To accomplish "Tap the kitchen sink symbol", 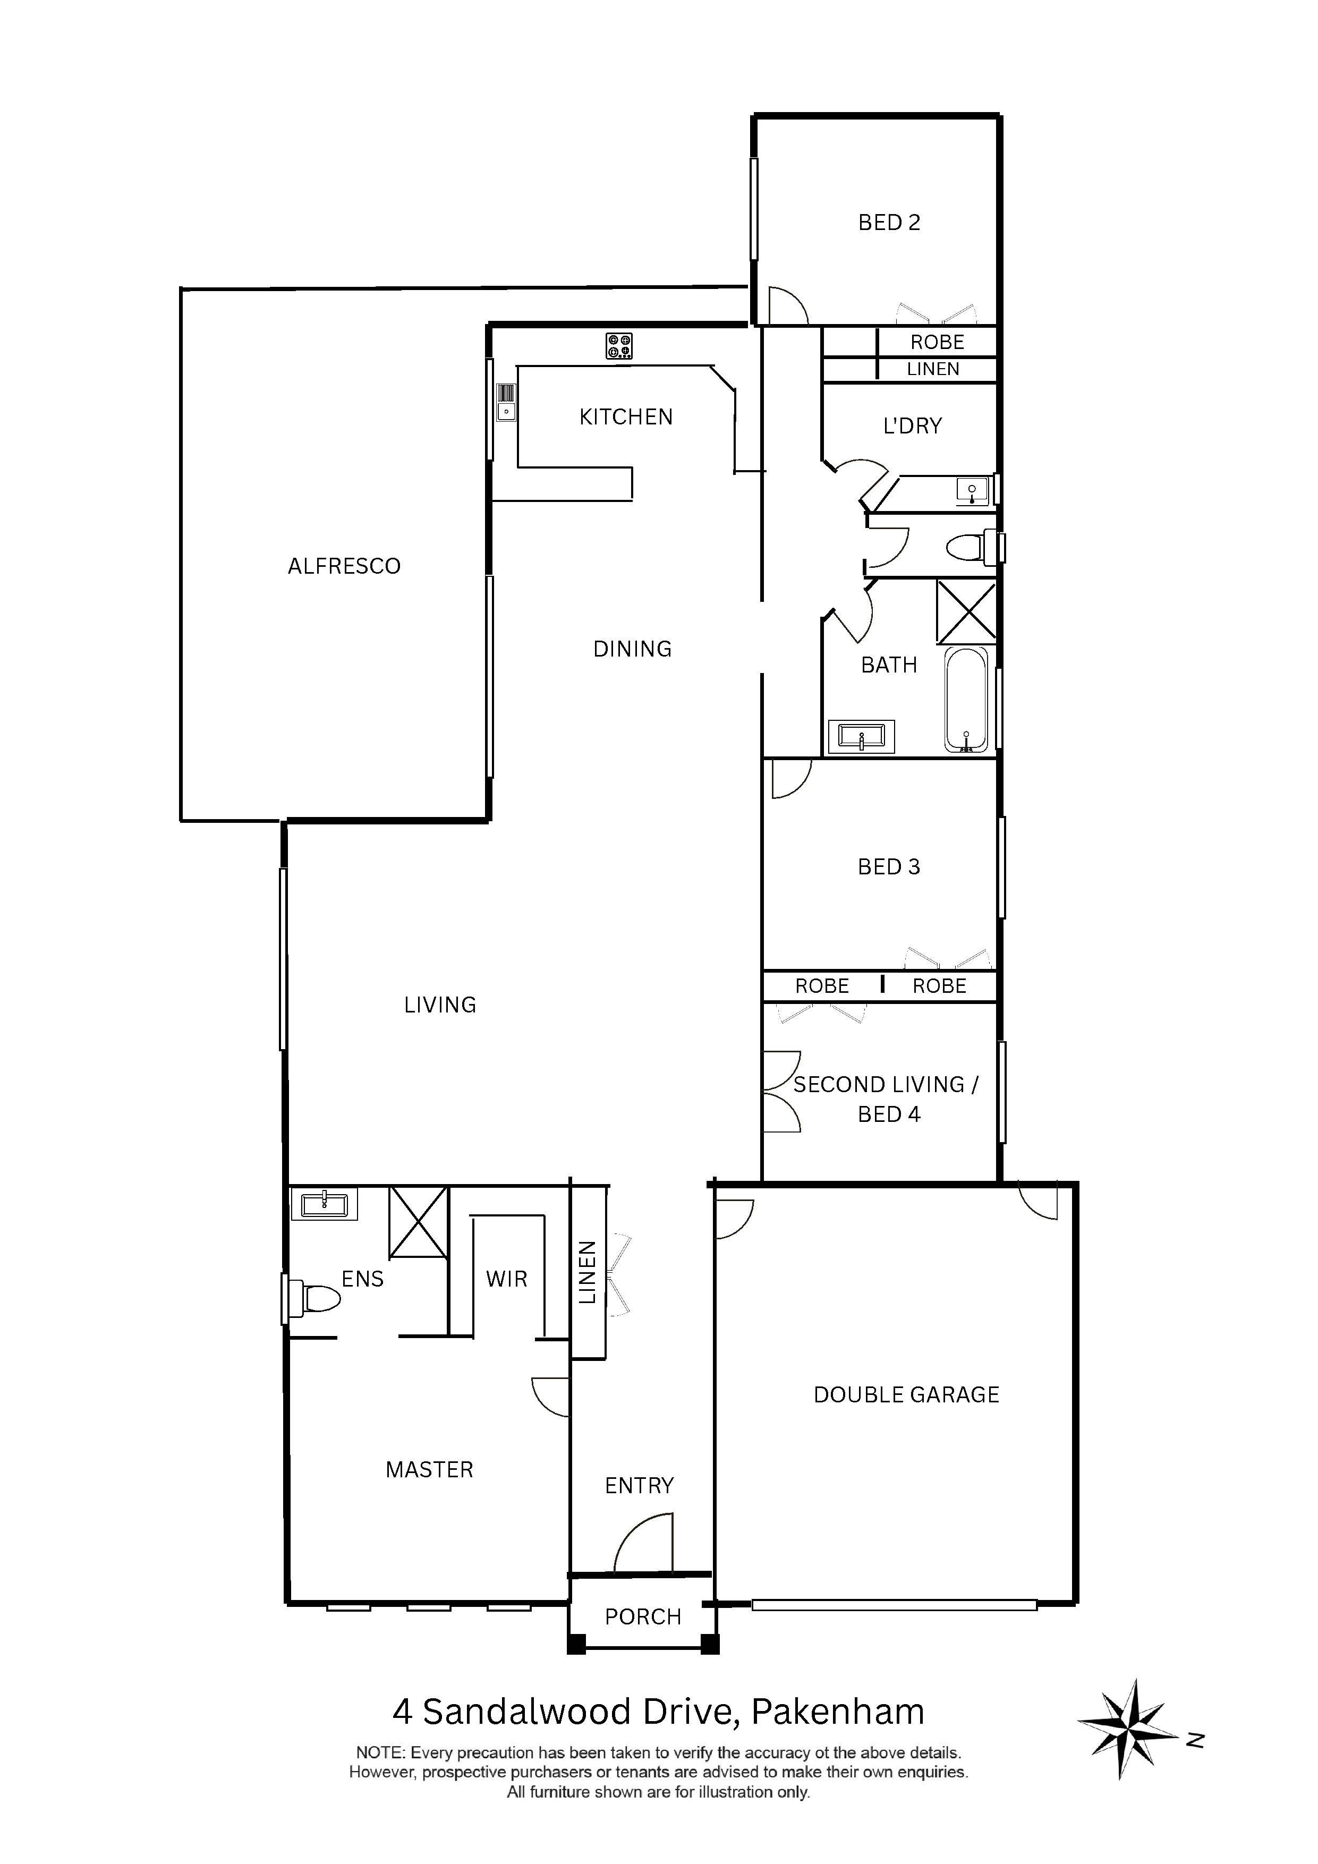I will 506,403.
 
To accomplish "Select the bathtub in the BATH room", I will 966,699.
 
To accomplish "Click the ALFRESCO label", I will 344,566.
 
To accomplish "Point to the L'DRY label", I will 913,425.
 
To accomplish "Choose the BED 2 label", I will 889,223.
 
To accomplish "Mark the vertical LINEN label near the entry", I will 587,1272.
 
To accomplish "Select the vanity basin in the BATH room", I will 861,737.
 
